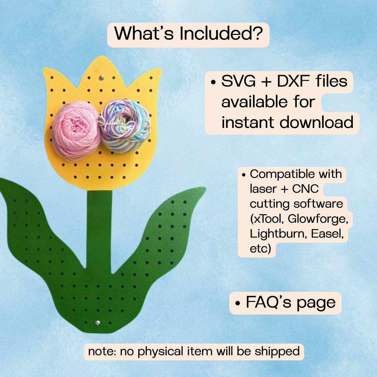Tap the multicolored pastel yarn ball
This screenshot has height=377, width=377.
124,126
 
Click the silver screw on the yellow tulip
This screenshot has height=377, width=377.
101,78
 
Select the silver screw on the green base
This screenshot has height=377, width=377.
97,323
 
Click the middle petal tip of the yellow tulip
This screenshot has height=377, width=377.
102,57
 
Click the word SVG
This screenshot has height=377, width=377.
238,81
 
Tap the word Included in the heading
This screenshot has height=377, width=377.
221,33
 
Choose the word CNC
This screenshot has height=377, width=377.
306,189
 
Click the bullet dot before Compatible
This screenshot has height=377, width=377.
243,175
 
